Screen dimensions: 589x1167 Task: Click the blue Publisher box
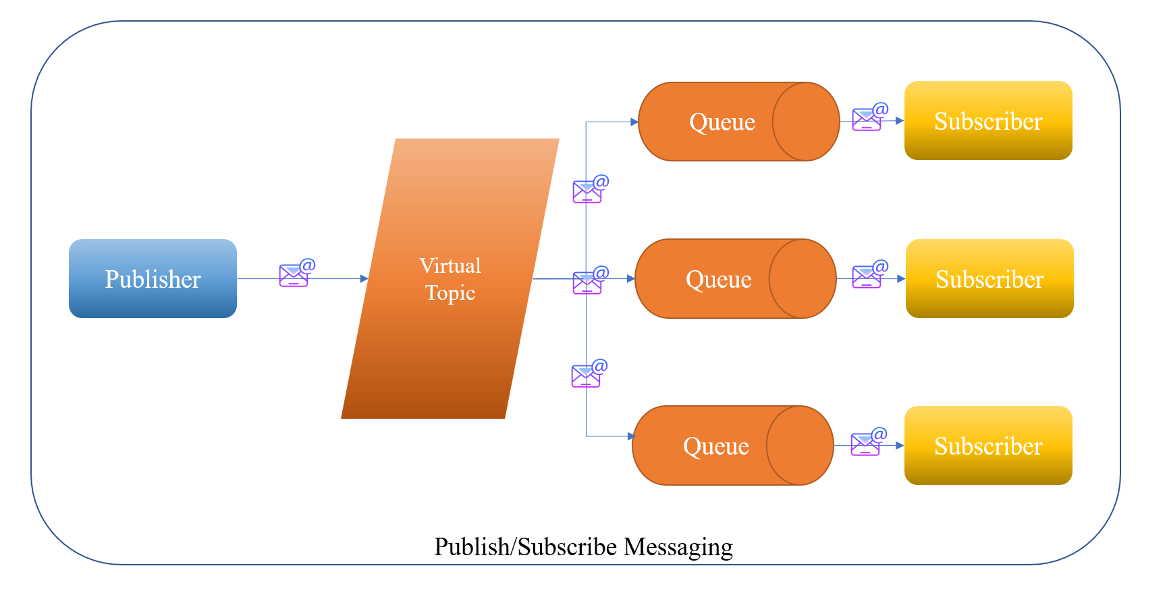tap(153, 278)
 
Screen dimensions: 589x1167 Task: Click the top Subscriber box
tap(988, 121)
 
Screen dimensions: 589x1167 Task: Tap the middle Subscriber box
tap(989, 278)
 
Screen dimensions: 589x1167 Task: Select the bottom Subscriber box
tap(988, 445)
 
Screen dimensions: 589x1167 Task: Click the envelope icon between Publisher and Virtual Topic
tap(296, 274)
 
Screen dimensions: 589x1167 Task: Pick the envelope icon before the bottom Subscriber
tap(867, 443)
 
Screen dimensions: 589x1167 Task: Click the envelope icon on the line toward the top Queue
tap(589, 190)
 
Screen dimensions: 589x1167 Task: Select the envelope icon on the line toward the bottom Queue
tap(587, 374)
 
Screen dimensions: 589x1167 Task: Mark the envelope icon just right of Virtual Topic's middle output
tap(589, 281)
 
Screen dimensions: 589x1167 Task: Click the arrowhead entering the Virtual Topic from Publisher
tap(364, 278)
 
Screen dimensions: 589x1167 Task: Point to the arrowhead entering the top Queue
tap(634, 122)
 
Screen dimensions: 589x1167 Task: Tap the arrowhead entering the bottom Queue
tap(632, 436)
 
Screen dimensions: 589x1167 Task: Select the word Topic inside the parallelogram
tap(450, 293)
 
